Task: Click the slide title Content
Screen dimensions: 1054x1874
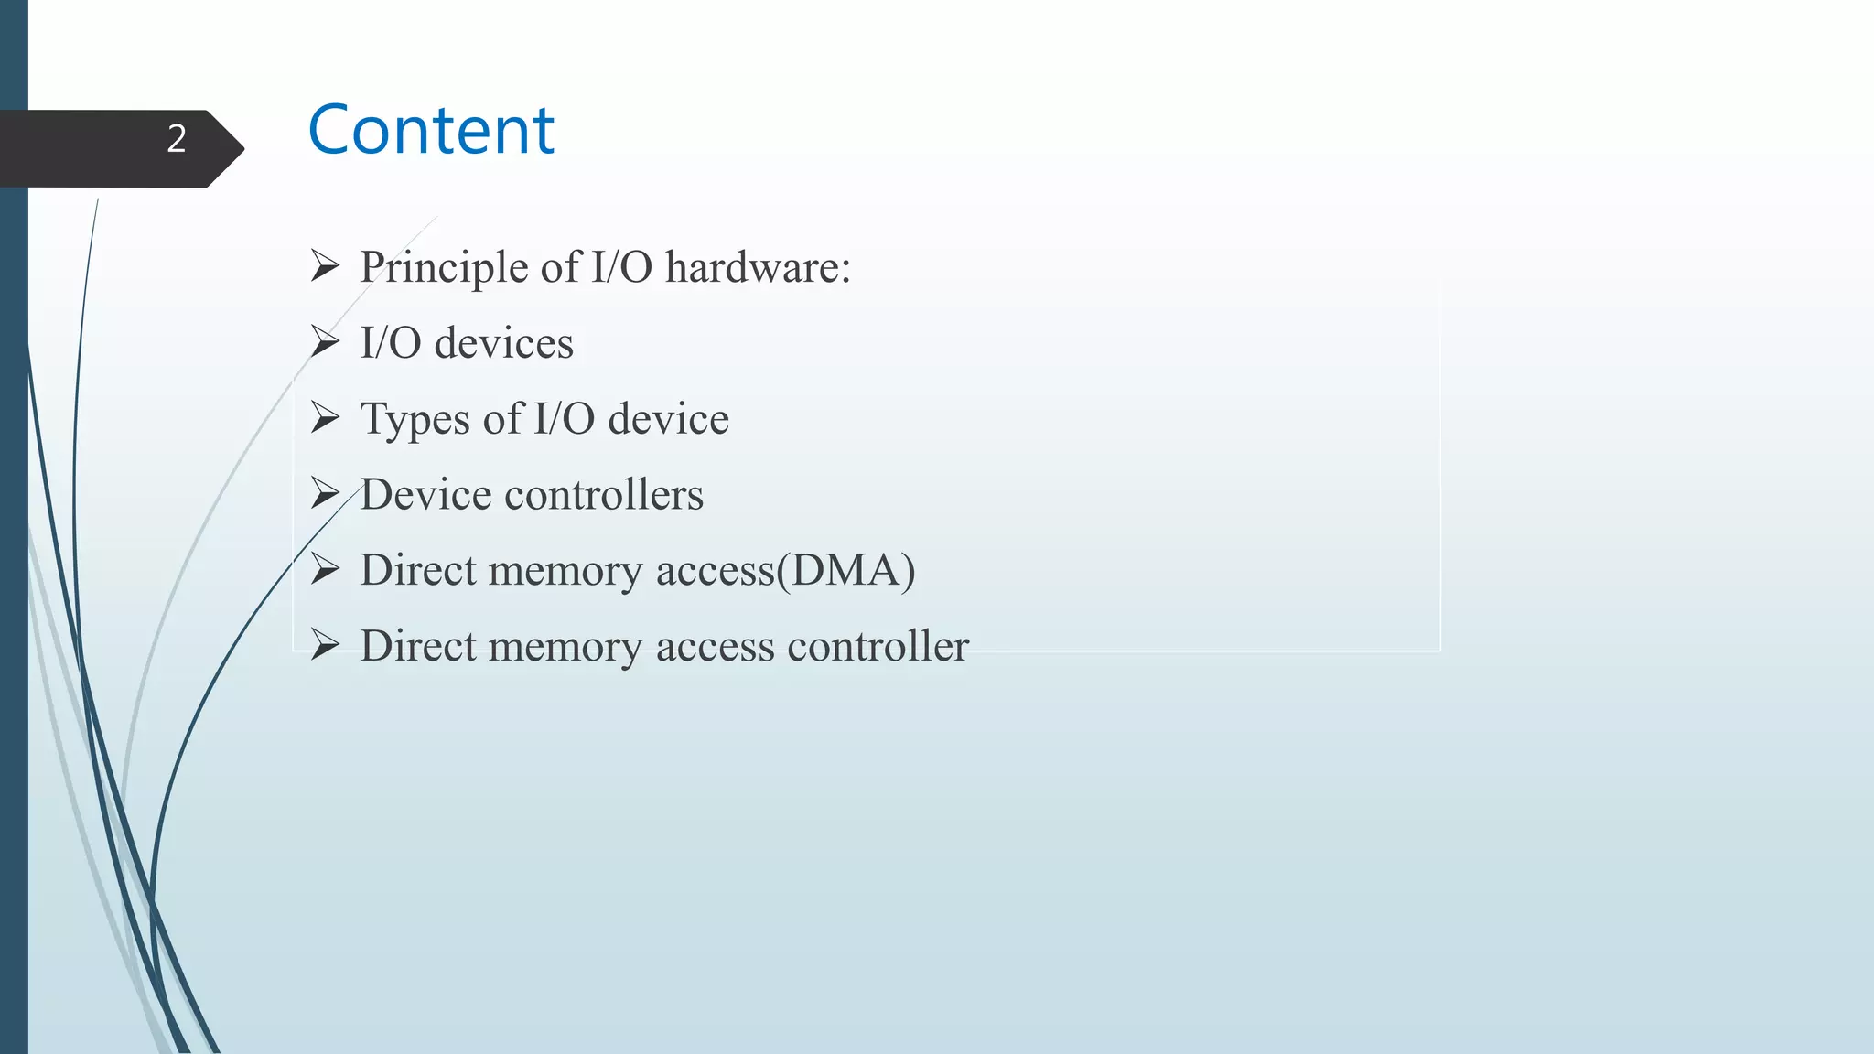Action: coord(431,130)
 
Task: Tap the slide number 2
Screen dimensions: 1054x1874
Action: coord(177,139)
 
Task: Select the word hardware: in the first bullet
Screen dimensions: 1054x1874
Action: coord(758,268)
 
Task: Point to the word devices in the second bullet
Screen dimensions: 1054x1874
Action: coord(503,344)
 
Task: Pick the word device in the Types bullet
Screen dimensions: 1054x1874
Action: coord(668,420)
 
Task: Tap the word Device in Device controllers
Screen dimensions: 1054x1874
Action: coord(425,495)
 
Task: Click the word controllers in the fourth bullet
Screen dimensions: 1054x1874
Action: coord(604,495)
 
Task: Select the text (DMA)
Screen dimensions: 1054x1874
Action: coord(845,571)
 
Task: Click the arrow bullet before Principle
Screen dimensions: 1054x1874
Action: coord(325,266)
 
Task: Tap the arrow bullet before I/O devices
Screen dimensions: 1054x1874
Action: coord(325,342)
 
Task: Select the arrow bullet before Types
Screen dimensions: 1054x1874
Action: coord(325,418)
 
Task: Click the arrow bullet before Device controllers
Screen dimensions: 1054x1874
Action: coord(325,494)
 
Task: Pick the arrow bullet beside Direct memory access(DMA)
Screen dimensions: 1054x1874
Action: coord(325,570)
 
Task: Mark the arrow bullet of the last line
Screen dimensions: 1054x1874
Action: coord(325,645)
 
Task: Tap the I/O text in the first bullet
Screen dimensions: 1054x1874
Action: coord(622,268)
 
